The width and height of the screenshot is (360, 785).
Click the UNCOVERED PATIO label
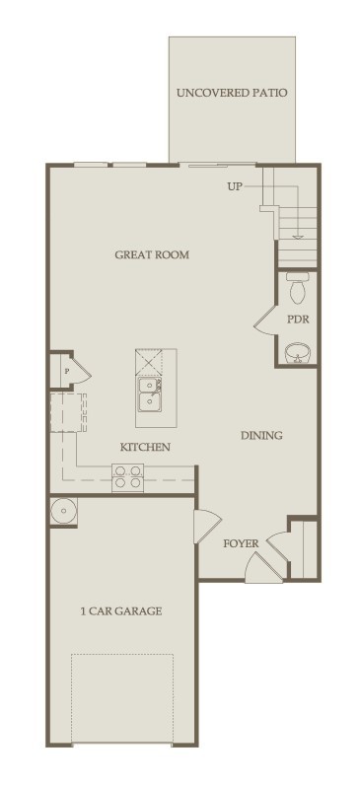coord(232,94)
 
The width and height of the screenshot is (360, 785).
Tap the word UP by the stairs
coord(235,185)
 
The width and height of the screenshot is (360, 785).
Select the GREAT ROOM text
coord(152,254)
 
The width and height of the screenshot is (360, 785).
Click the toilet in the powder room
coord(298,288)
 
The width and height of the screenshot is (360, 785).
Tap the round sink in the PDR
coord(297,353)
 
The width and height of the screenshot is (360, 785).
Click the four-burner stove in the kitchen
coord(129,477)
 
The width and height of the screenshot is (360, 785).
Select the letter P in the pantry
coord(66,371)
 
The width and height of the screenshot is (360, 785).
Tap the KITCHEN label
coord(145,447)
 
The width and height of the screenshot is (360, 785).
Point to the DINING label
coord(261,435)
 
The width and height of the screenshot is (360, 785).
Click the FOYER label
coord(241,542)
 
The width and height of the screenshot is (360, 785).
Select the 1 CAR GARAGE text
coord(121,611)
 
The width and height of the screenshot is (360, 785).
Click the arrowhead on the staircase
coord(298,238)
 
